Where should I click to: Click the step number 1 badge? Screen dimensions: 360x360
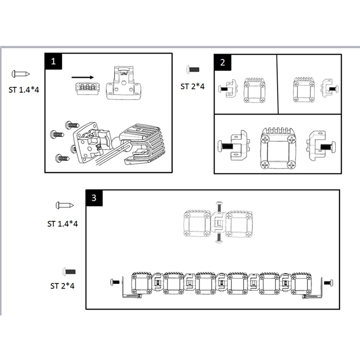coord(54,61)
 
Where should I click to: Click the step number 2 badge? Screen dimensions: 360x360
coord(222,62)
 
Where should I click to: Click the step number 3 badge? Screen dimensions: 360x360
coord(94,198)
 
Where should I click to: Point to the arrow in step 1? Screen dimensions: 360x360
coord(82,77)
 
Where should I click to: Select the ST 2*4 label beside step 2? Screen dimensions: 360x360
coord(193,86)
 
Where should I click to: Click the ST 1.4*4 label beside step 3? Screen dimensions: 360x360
coord(63,224)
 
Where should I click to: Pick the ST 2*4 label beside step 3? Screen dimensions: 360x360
coord(63,286)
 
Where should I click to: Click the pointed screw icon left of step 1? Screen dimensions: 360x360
coord(21,74)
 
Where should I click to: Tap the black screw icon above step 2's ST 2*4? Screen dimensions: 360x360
coord(192,69)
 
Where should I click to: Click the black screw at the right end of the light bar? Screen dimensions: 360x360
coord(328,283)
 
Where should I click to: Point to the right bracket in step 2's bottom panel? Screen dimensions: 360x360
coord(320,146)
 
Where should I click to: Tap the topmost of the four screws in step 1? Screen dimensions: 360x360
coord(72,125)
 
